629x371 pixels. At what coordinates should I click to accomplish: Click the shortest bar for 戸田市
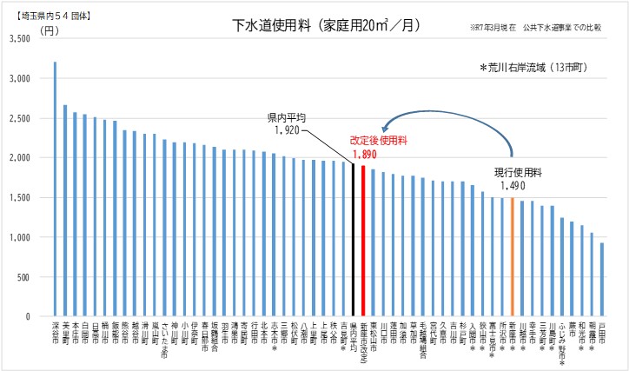(x=602, y=279)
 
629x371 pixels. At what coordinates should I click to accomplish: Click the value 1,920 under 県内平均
(x=286, y=129)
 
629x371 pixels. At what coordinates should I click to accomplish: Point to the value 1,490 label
(x=513, y=186)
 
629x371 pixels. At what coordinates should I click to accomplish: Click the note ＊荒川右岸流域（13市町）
(x=539, y=68)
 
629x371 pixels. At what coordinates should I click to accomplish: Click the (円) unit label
(x=51, y=30)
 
